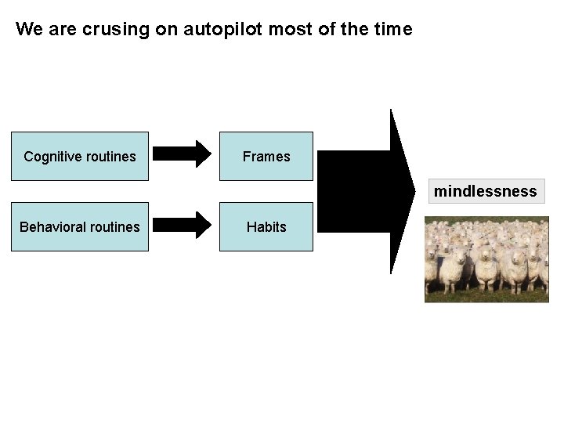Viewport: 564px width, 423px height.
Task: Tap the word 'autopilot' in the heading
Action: click(225, 30)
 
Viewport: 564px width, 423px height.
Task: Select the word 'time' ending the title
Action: click(392, 30)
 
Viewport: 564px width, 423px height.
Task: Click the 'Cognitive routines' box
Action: click(79, 157)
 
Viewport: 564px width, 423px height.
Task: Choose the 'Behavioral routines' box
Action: click(79, 227)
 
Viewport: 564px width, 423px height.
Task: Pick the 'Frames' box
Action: click(266, 157)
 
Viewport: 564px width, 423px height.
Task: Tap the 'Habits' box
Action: click(266, 227)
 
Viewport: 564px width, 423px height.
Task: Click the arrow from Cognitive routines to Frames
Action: click(182, 153)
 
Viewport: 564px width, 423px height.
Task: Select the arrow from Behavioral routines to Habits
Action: click(182, 225)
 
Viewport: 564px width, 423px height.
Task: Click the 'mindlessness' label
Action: click(486, 191)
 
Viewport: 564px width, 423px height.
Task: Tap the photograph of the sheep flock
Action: click(486, 258)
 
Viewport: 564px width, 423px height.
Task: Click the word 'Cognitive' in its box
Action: click(51, 157)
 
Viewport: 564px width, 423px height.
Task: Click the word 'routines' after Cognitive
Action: click(109, 157)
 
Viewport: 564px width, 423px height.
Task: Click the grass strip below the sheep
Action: click(486, 296)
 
